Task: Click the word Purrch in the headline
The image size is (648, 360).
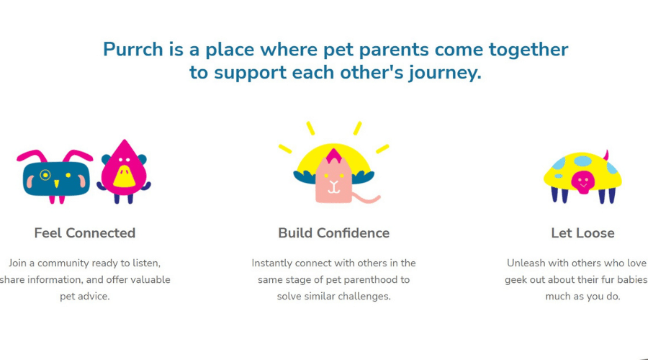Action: pos(133,50)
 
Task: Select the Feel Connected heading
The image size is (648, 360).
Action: pos(85,233)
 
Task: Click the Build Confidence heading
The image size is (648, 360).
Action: pos(333,233)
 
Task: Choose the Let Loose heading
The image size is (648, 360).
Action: pos(582,233)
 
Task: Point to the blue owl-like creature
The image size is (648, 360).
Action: pos(55,178)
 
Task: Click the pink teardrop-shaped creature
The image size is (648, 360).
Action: pos(124,171)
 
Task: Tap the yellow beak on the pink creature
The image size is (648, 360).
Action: pos(124,176)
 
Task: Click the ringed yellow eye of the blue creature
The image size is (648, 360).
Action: pos(45,175)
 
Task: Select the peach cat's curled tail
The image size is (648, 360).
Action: pos(366,199)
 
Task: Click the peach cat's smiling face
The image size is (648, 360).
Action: pos(333,183)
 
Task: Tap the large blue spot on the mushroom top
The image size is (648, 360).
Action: pos(582,161)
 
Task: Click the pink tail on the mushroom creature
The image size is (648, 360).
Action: pos(606,156)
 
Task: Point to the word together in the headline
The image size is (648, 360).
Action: pos(528,50)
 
